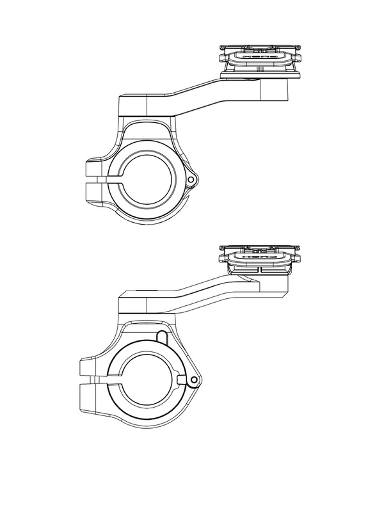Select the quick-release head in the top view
pos(260,58)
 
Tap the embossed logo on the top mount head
pos(260,56)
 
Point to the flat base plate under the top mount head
pos(260,76)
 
